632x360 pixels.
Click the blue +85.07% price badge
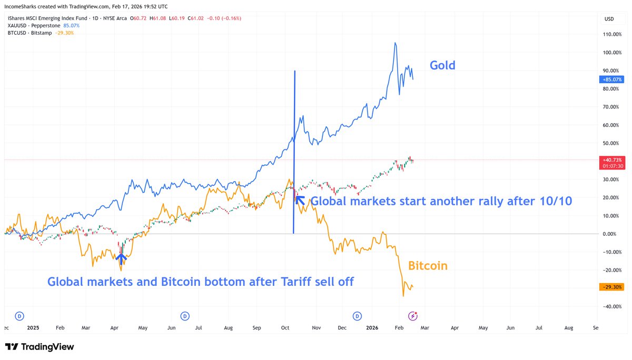coord(611,79)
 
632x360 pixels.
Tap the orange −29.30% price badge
coord(611,287)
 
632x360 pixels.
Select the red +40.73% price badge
coord(611,159)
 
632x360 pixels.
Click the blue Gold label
coord(442,65)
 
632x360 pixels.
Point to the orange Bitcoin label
coord(428,266)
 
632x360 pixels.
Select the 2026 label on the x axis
coord(372,327)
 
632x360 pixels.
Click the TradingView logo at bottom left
coord(39,347)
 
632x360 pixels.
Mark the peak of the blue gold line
coord(395,43)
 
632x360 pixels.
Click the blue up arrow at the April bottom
coord(121,258)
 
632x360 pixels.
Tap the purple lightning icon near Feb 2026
coord(413,316)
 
